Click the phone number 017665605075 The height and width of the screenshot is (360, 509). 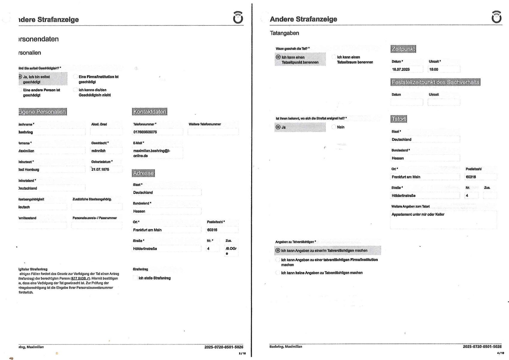[x=145, y=132]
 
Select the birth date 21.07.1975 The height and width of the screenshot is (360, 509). [x=100, y=170]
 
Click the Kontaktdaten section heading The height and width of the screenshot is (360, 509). [x=149, y=112]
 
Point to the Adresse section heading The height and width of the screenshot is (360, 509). [x=143, y=173]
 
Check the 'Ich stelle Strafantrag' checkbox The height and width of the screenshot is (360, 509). [x=135, y=278]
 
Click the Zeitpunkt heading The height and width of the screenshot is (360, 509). [x=403, y=49]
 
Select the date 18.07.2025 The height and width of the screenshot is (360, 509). [x=401, y=69]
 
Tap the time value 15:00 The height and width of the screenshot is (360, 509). [x=434, y=69]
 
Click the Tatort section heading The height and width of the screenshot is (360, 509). [x=399, y=119]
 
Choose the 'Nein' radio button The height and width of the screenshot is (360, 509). [x=334, y=127]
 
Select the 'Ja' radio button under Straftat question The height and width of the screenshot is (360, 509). [x=278, y=127]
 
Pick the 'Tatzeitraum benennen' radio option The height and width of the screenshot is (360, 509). [x=334, y=57]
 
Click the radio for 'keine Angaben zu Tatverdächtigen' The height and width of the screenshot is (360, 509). [x=278, y=273]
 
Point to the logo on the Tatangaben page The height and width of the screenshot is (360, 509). [x=496, y=17]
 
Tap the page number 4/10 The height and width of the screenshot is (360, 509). [x=500, y=353]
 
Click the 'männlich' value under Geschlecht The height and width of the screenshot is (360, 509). [x=98, y=151]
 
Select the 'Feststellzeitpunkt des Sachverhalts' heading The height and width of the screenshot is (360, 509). [x=435, y=82]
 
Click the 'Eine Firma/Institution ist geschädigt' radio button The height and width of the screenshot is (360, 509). [x=75, y=77]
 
